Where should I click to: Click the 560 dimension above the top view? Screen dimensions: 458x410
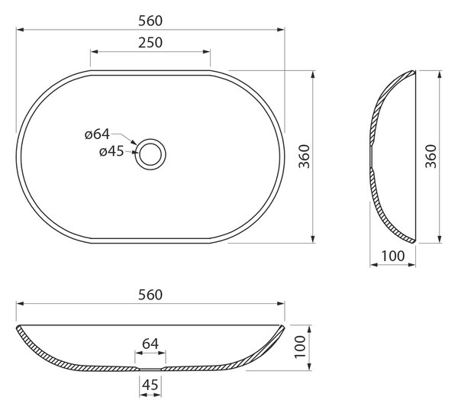coord(150,21)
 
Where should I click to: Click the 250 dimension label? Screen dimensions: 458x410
coord(150,43)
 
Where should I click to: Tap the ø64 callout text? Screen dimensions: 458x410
coord(97,134)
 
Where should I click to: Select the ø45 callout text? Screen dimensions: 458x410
coord(111,152)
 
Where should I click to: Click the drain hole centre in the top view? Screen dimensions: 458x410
coord(150,154)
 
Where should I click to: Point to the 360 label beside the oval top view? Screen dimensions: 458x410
coord(304,157)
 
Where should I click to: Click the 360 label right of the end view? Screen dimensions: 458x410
coord(431,157)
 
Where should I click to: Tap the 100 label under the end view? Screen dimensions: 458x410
coord(393,257)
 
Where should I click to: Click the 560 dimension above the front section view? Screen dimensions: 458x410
coord(150,295)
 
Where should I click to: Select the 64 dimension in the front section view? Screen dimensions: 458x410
coord(150,344)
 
